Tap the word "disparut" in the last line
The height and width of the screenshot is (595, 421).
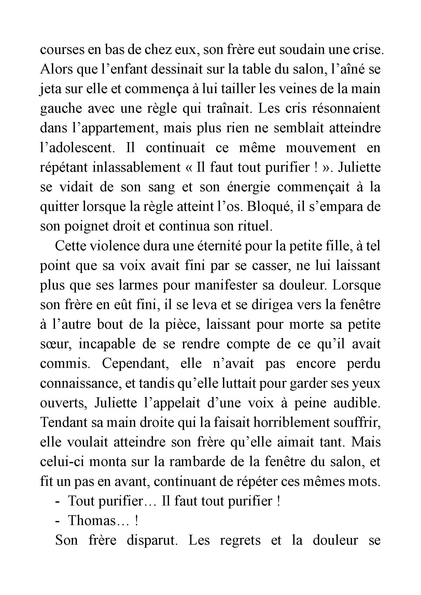point(152,541)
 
